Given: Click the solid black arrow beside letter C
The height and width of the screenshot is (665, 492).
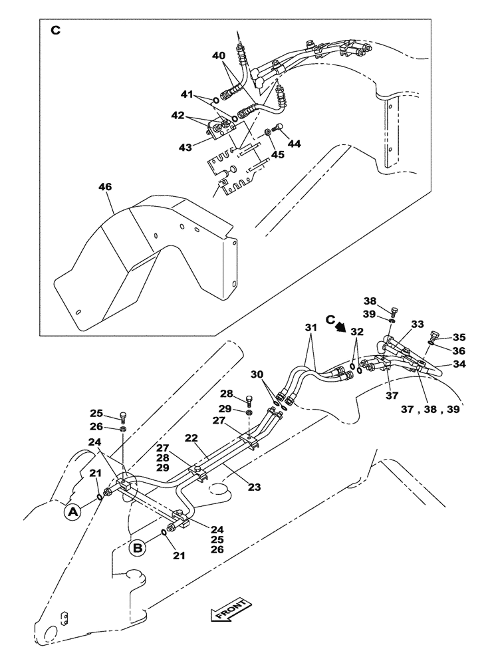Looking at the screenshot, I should [340, 327].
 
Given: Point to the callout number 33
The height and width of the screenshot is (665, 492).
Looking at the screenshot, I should [417, 324].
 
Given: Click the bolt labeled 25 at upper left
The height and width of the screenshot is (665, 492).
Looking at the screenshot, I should [122, 417].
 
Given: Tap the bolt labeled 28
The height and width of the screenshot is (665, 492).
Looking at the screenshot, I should [249, 400].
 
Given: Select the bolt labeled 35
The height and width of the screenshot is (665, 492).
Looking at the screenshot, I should [436, 336].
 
